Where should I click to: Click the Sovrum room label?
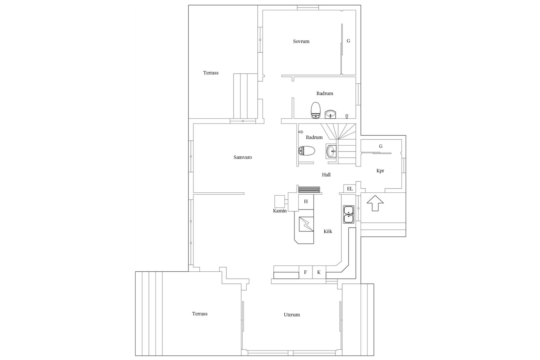tap(301, 41)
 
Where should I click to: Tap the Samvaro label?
tap(242, 157)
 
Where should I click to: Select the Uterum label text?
tap(292, 315)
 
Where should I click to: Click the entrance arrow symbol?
tap(375, 203)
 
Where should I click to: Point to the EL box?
tap(350, 189)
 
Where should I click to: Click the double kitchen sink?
tap(348, 215)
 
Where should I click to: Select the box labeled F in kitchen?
tap(305, 272)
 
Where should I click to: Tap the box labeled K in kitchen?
tap(319, 272)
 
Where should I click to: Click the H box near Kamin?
tap(306, 201)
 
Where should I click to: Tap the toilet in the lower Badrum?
tap(306, 151)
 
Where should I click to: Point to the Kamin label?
tap(280, 211)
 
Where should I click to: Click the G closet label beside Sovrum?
tap(348, 41)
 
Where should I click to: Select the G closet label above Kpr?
tap(381, 146)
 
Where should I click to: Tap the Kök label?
tap(328, 231)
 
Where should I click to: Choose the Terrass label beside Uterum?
tap(200, 314)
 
